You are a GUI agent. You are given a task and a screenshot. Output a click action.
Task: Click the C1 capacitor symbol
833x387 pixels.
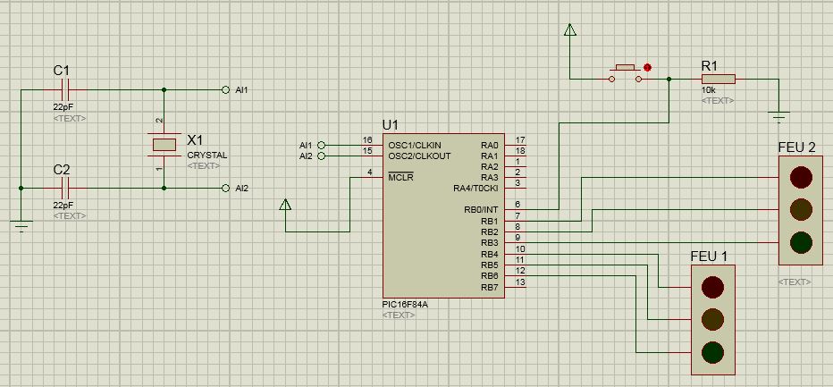point(63,89)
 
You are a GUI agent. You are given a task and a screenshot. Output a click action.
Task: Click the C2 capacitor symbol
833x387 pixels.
point(63,188)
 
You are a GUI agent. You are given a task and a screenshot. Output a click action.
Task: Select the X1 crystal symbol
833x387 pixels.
point(164,144)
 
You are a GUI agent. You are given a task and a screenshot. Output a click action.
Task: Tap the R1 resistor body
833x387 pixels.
point(718,80)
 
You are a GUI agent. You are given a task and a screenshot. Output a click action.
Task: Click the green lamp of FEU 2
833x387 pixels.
point(801,241)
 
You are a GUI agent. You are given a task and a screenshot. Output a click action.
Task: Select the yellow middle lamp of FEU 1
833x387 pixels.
point(713,318)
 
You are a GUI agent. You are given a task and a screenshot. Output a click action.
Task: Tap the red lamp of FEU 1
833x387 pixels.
point(713,286)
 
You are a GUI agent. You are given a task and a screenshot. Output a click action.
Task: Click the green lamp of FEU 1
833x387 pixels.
point(713,350)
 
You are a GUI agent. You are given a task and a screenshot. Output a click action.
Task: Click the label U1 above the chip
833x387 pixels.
point(391,124)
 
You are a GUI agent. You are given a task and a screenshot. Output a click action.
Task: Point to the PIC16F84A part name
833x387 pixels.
point(404,304)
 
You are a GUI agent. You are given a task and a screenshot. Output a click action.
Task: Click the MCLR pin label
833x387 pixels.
point(400,177)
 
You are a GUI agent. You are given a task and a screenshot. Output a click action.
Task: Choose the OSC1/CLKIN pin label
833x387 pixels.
point(414,145)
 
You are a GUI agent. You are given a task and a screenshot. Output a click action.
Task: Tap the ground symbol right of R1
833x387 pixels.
point(778,115)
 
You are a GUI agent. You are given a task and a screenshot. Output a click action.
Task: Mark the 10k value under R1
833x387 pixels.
point(708,90)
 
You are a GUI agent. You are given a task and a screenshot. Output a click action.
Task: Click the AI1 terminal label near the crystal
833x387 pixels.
point(241,90)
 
